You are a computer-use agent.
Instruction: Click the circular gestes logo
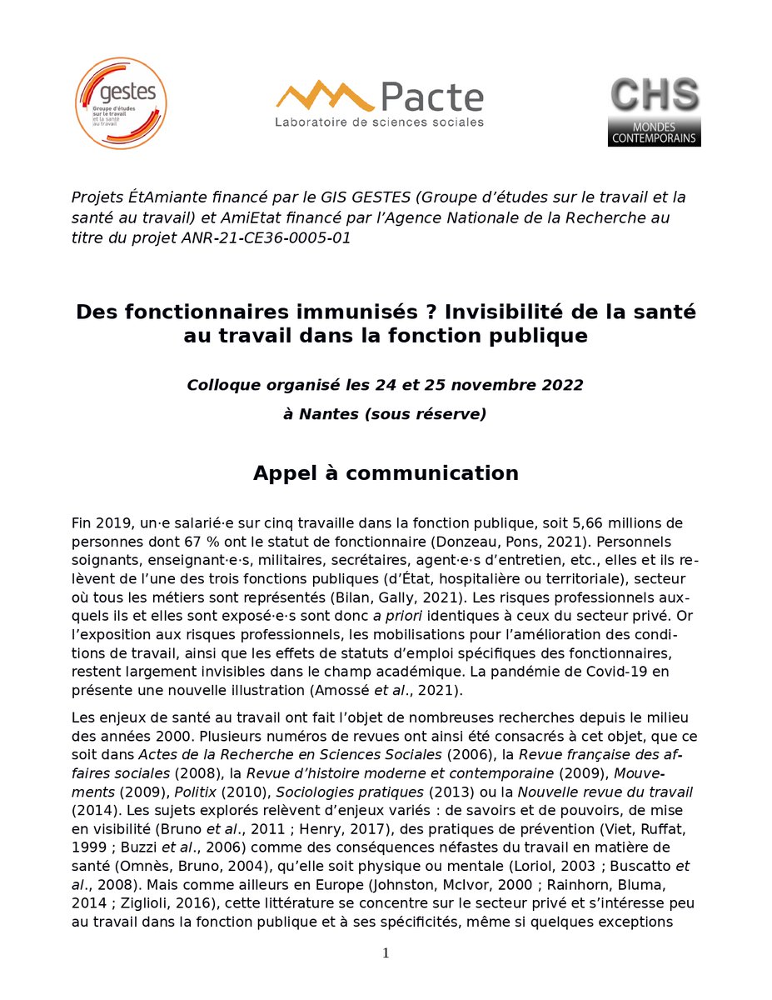point(122,103)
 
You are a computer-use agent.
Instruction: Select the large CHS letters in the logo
point(654,96)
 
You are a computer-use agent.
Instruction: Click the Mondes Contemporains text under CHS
point(654,132)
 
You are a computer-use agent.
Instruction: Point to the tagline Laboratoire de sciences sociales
point(379,122)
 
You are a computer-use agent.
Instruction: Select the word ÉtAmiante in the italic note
point(158,197)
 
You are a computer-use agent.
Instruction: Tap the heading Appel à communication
point(386,473)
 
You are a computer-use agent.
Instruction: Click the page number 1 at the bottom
point(386,953)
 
